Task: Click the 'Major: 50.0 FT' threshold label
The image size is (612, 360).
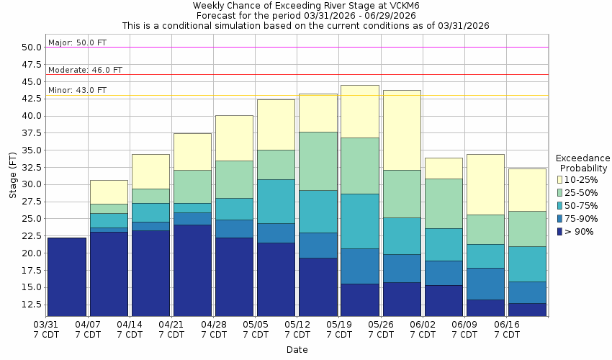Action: coord(77,42)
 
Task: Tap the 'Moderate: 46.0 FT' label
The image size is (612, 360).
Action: coord(85,70)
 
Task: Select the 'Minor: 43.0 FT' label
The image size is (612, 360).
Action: coord(77,90)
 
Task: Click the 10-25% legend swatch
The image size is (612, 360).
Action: coord(560,179)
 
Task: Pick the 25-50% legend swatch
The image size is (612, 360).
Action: coord(560,192)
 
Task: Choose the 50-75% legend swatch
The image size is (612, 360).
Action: coord(560,205)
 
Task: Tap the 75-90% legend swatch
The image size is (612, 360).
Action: coord(560,218)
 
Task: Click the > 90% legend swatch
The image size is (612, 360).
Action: coord(560,231)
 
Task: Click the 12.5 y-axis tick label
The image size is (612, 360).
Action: coord(32,305)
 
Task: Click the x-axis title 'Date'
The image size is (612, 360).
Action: coord(297,350)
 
